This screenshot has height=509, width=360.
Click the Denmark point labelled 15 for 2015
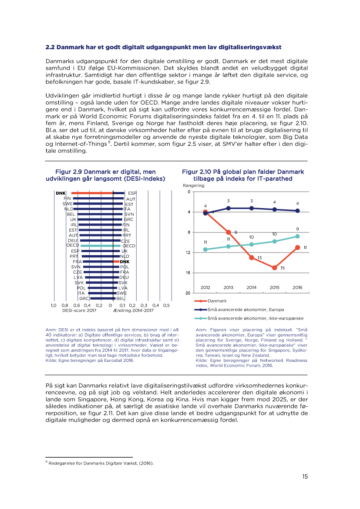coord(274,268)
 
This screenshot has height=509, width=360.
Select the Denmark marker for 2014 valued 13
coord(252,257)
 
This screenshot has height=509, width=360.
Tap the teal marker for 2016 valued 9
coord(297,236)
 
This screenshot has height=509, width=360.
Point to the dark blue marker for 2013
coord(229,208)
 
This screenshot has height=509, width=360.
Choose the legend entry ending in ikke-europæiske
coord(244,318)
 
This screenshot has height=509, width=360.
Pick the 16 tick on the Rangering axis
coord(188,273)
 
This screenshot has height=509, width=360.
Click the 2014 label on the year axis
coord(252,287)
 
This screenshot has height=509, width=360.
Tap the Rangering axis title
coord(193,185)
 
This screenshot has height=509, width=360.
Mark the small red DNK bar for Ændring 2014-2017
coord(116,262)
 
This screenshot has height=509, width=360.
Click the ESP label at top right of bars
coord(132,193)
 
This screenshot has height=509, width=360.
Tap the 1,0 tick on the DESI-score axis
coord(54,305)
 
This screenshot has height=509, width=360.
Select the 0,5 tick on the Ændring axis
coord(166,305)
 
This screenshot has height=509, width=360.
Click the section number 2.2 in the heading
coord(50,47)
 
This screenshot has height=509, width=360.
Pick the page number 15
coord(305,476)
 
